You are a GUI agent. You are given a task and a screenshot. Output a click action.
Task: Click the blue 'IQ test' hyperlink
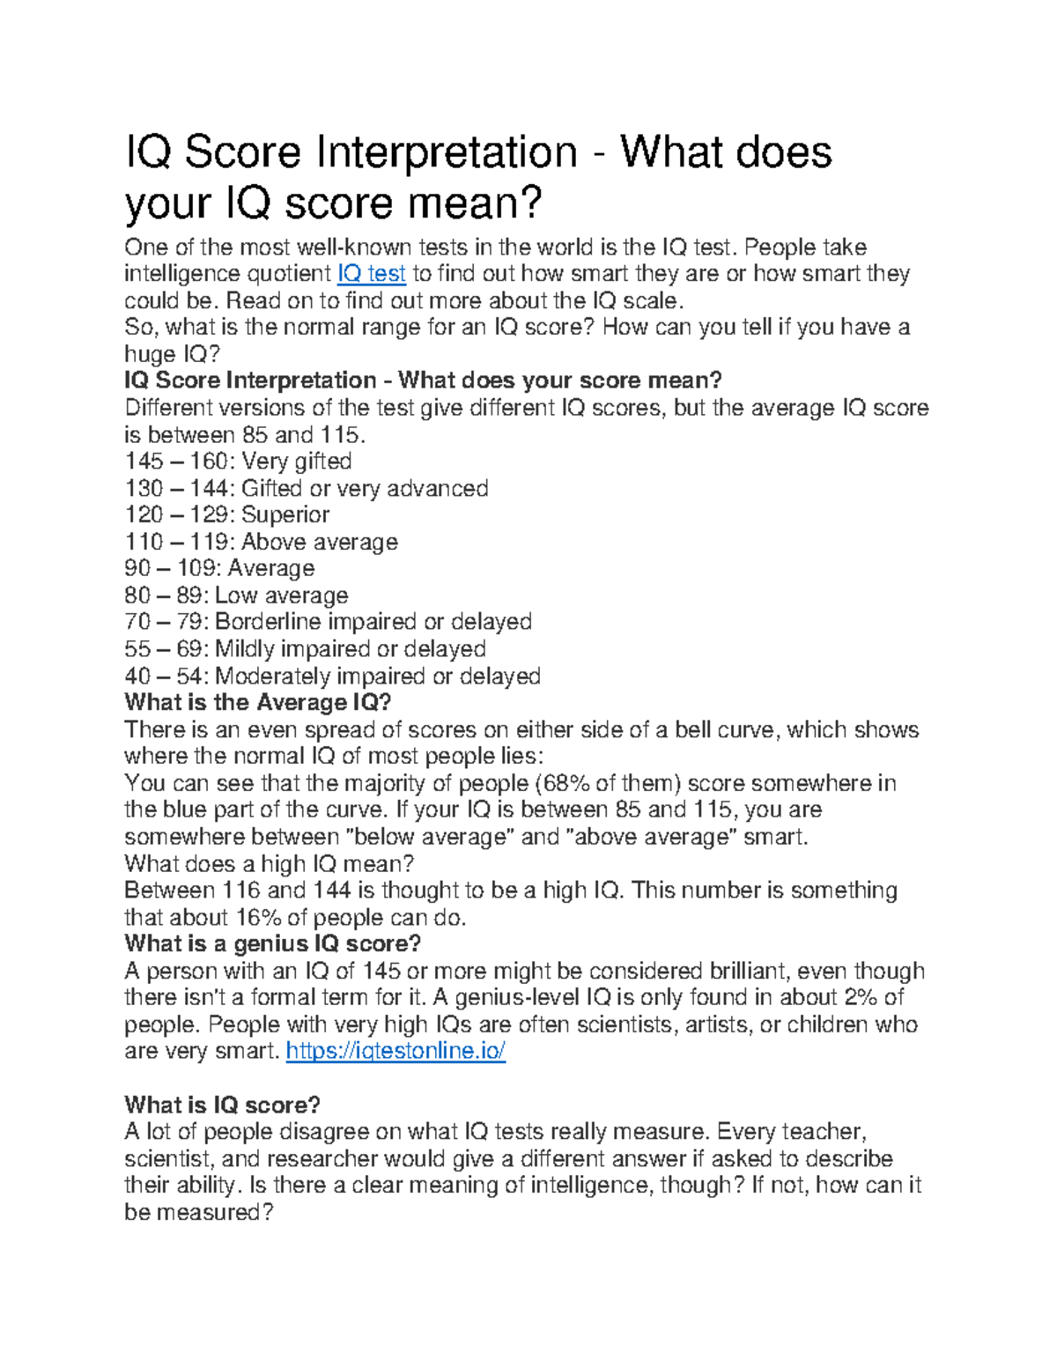tap(371, 274)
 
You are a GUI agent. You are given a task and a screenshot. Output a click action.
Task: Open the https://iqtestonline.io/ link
tap(395, 1051)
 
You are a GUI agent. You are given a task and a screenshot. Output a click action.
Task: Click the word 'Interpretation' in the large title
tap(445, 152)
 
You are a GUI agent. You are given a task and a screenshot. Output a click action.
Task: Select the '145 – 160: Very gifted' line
tap(238, 462)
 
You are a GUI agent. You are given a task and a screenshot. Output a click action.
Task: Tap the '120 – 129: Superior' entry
tap(227, 515)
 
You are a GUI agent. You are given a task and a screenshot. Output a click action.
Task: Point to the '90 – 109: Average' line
tap(219, 569)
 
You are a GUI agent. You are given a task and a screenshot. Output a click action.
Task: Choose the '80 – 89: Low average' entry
tap(236, 596)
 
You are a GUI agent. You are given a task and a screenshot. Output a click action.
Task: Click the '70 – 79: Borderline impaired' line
tap(328, 623)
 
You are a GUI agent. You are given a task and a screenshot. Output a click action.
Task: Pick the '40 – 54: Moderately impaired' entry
tap(332, 677)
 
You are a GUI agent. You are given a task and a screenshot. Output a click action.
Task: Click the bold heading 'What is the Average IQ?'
tap(257, 703)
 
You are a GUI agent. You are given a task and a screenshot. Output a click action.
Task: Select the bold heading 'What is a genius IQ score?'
tap(272, 944)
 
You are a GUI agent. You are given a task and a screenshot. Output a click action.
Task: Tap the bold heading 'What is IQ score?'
tap(222, 1105)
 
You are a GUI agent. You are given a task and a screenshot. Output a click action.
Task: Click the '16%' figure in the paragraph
tap(258, 918)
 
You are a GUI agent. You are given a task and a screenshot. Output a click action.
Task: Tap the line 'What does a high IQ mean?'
tap(270, 864)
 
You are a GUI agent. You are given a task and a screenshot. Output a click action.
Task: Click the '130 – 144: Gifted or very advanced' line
tap(307, 489)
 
